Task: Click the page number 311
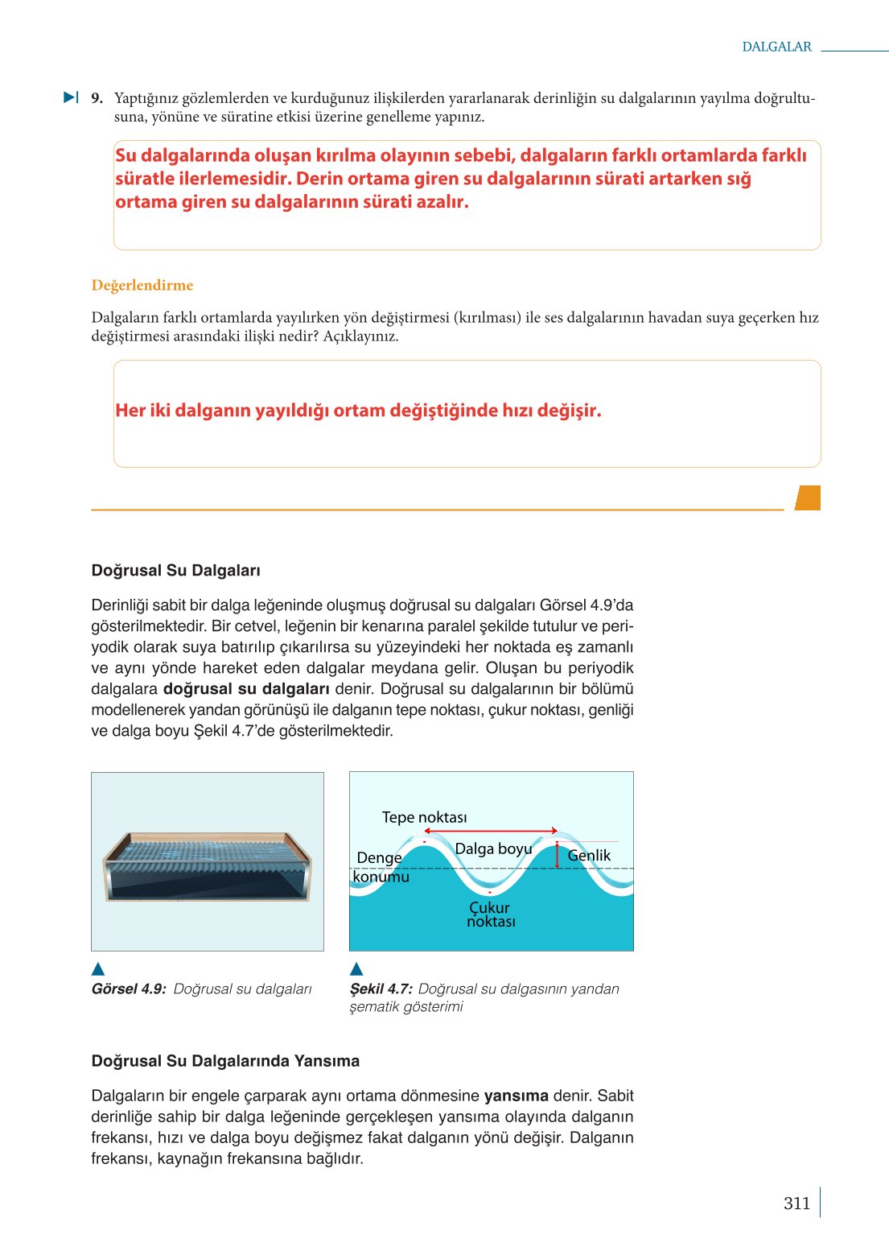tap(796, 1203)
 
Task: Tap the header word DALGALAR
tap(776, 47)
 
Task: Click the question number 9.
tap(97, 98)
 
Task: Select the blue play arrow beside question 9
tap(71, 97)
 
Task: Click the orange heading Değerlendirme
tap(142, 285)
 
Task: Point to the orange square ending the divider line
tap(808, 497)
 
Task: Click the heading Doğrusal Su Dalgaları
tap(175, 571)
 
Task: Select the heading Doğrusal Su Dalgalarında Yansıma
tap(225, 1061)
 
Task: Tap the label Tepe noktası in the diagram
tap(424, 817)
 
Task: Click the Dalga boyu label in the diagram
tap(493, 848)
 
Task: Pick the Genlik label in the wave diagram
tap(589, 855)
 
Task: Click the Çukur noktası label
tap(490, 914)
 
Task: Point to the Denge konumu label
tap(380, 867)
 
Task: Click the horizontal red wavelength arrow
tap(491, 830)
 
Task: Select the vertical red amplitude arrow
tap(557, 854)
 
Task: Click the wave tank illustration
tap(207, 866)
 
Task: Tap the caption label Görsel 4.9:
tap(129, 989)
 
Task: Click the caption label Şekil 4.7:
tap(381, 989)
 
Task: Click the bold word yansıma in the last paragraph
tap(516, 1096)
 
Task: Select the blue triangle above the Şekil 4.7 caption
tap(356, 968)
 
